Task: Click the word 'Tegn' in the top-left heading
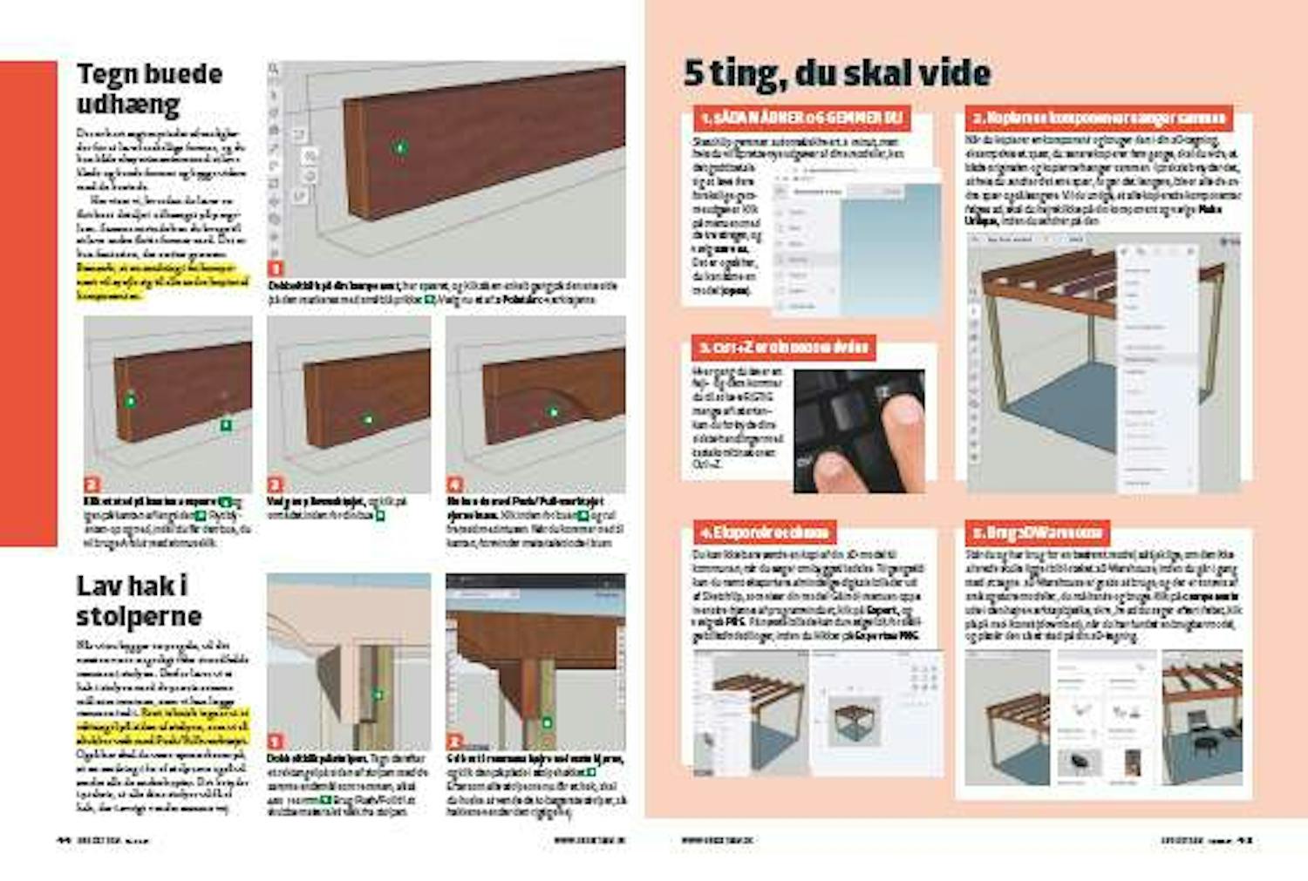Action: pyautogui.click(x=107, y=74)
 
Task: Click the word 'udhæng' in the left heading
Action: pyautogui.click(x=128, y=105)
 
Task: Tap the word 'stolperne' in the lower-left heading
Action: pyautogui.click(x=139, y=616)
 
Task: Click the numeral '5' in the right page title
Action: pyautogui.click(x=693, y=73)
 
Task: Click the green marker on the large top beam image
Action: pyautogui.click(x=400, y=148)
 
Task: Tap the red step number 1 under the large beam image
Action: pyautogui.click(x=275, y=268)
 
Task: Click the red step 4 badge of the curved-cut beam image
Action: pyautogui.click(x=454, y=485)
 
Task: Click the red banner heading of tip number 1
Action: pyautogui.click(x=800, y=118)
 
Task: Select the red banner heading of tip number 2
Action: pyautogui.click(x=1099, y=118)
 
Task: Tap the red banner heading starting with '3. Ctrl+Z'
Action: pyautogui.click(x=783, y=347)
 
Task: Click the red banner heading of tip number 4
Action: pyautogui.click(x=763, y=532)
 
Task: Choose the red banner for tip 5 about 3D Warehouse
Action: pyautogui.click(x=1037, y=532)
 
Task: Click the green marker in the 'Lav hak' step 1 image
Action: pyautogui.click(x=378, y=695)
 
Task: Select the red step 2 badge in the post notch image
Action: pyautogui.click(x=454, y=742)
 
